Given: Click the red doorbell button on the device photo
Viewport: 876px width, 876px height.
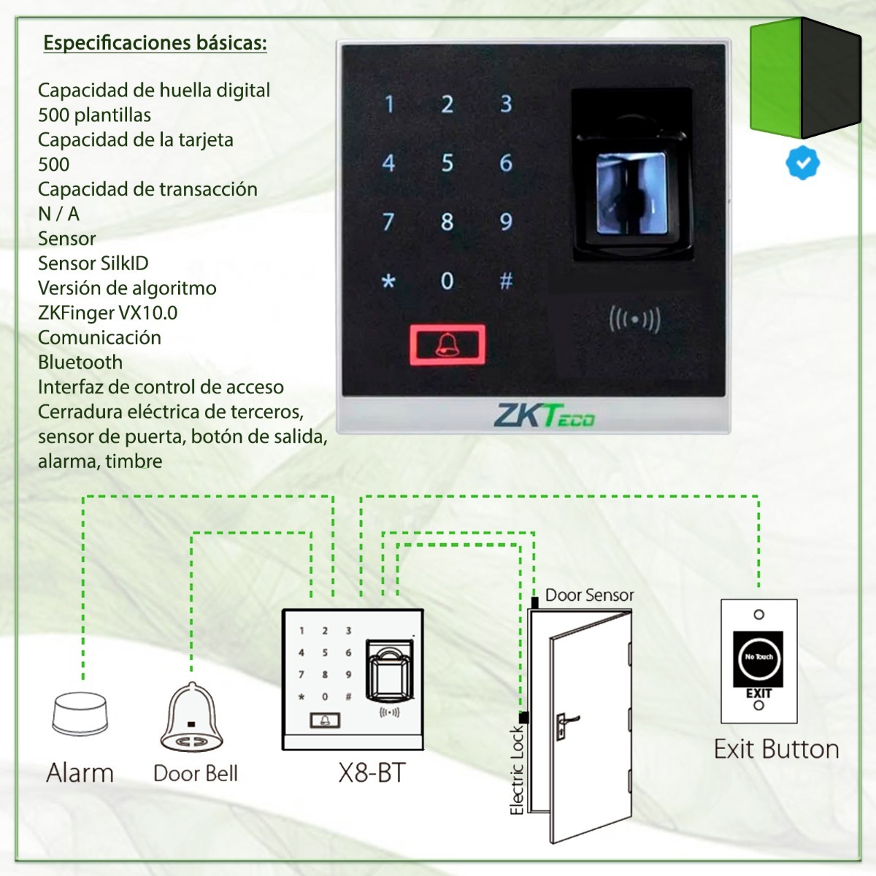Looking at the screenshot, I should coord(447,345).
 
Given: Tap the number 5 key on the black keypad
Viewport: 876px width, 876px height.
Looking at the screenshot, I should coord(447,163).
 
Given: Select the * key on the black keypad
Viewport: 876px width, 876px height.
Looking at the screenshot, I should coord(388,282).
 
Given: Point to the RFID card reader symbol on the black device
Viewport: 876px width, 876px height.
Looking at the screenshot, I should coord(634,320).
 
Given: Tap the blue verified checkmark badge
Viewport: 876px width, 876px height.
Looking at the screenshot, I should coord(802,163).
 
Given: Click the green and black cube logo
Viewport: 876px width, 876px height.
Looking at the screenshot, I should coord(805,78).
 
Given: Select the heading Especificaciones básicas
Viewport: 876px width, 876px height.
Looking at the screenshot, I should coord(155,43).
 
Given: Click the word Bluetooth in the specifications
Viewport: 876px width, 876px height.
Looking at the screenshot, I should coord(80,362).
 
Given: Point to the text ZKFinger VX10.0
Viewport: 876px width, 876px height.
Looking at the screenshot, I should coord(107,312).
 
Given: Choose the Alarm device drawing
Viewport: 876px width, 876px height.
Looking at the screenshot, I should coord(80,715).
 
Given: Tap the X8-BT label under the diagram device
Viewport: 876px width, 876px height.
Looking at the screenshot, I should coord(371,773).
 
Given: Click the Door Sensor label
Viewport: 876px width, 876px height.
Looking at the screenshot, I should coord(589,595).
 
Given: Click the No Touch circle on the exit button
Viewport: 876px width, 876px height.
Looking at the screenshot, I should coord(758,657).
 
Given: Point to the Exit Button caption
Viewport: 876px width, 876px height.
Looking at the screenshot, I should coord(776,749).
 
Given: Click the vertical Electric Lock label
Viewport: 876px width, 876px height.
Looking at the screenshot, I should coord(517,769).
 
